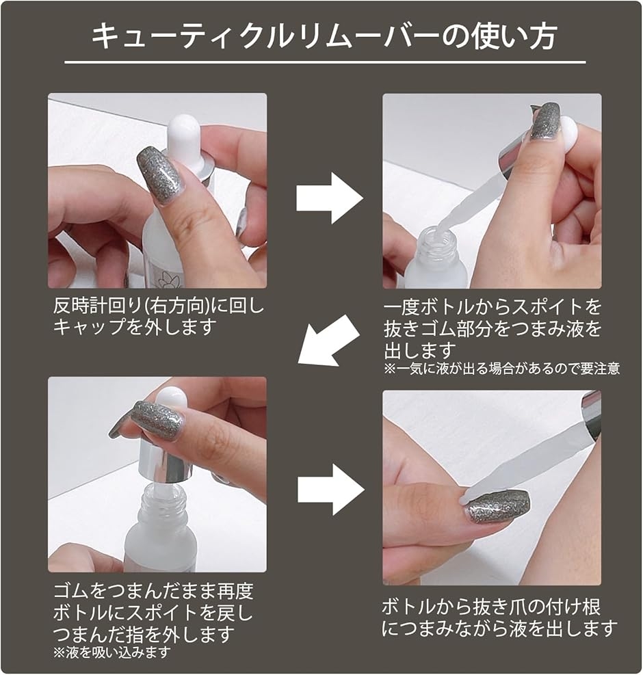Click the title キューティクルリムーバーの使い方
325,36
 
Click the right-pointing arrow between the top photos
330,198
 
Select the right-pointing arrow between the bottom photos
330,490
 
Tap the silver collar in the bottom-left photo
166,461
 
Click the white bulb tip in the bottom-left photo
172,399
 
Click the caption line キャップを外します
134,328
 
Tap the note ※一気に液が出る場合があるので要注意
501,369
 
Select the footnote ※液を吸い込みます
112,652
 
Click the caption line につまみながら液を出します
499,629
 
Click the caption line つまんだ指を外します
144,634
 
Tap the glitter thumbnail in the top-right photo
544,122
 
